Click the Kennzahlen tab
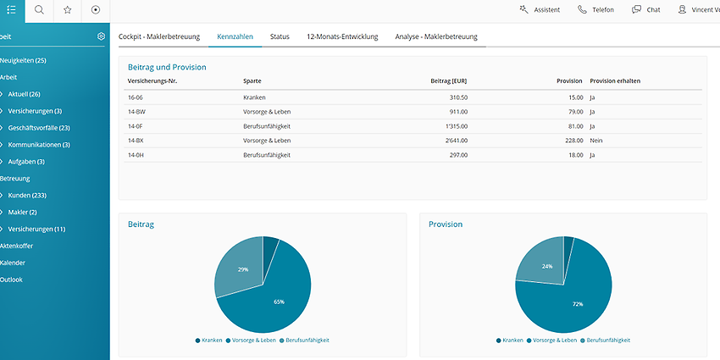coord(235,36)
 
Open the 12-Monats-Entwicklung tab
coord(342,36)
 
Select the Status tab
coord(280,36)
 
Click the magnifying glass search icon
coord(40,10)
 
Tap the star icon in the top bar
coord(68,10)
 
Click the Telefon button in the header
coord(595,9)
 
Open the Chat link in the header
coord(646,9)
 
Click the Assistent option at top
coord(540,9)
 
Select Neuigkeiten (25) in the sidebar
coord(23,61)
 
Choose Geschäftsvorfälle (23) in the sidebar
coord(39,128)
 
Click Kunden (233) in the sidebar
coord(27,196)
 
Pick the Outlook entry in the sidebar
coord(11,280)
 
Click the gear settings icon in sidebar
coord(101,36)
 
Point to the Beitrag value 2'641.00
coord(457,141)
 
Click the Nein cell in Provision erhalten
coord(596,141)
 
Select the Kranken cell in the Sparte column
coord(254,97)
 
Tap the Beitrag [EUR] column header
coord(449,81)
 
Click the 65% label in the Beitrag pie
coord(279,302)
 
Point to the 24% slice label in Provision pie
coord(547,266)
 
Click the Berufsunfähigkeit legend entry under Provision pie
coord(605,341)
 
